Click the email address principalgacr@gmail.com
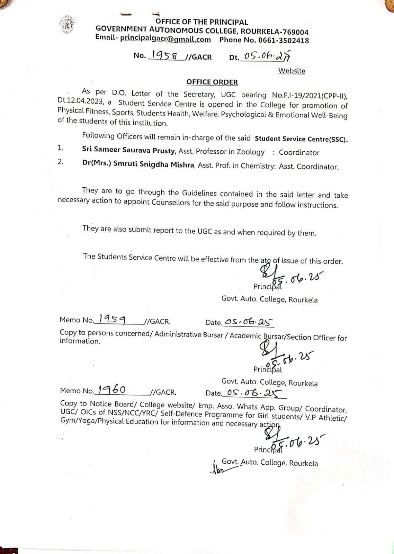[165, 39]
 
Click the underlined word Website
[292, 71]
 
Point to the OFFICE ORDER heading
[212, 82]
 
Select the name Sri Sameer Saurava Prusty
[128, 150]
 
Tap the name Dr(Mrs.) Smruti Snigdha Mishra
[138, 164]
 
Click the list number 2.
[61, 162]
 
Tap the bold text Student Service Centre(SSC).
[301, 139]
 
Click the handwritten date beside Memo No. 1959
[248, 322]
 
